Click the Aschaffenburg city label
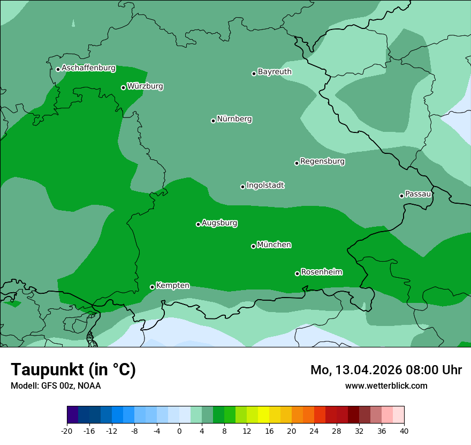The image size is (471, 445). tap(88, 68)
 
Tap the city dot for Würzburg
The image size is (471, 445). tap(123, 87)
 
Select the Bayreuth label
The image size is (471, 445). tap(275, 72)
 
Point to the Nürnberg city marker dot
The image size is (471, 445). tap(213, 121)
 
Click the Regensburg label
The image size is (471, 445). tap(322, 161)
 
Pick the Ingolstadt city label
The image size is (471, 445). tap(265, 186)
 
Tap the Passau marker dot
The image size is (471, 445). tap(401, 196)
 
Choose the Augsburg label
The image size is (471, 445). tap(219, 223)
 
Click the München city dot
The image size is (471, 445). tap(253, 246)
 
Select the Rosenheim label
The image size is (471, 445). tap(321, 272)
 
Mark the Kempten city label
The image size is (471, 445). tap(172, 286)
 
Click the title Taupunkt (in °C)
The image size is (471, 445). tap(73, 369)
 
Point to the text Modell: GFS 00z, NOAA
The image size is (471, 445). tap(56, 385)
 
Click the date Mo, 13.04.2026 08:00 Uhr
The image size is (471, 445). tap(386, 370)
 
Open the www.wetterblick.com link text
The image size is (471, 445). tap(386, 385)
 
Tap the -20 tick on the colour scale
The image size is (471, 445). tap(67, 431)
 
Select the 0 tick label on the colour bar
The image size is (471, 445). tap(179, 431)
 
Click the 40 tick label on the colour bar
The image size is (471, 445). tap(404, 431)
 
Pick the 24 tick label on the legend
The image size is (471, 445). tap(314, 431)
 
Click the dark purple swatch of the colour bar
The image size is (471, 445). tap(72, 415)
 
